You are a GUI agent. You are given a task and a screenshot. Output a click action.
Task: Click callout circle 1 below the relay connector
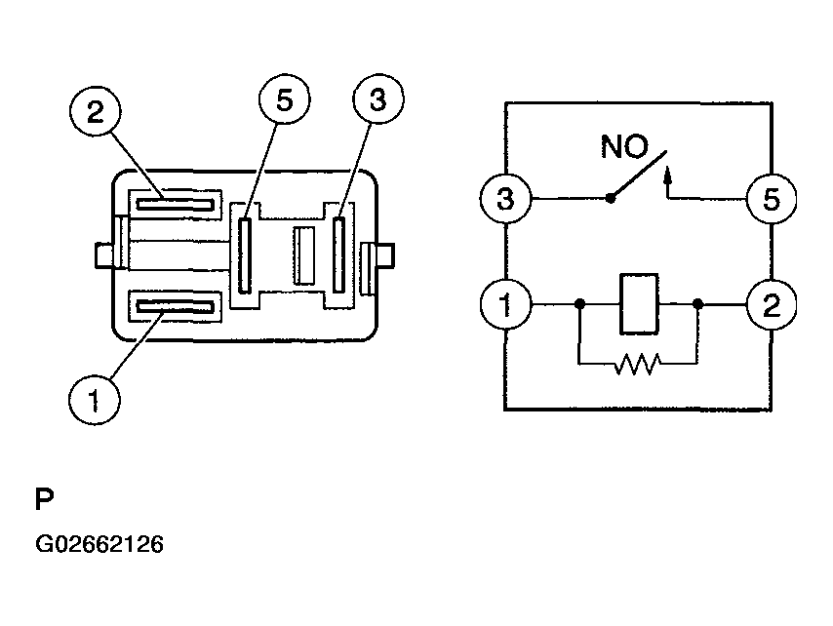pos(95,400)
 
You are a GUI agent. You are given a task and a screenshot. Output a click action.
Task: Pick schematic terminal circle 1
pos(504,305)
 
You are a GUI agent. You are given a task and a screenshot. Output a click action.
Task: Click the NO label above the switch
pos(623,148)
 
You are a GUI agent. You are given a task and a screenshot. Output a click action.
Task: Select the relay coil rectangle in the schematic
pos(638,305)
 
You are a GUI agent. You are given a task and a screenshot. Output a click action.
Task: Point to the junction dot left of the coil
pos(578,305)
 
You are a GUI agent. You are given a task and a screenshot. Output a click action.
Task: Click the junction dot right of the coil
pos(698,305)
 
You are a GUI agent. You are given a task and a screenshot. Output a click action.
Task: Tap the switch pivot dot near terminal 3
pos(610,199)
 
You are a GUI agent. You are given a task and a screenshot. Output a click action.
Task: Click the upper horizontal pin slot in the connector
pos(175,203)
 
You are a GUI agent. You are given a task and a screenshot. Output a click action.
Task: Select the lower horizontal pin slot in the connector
pos(175,308)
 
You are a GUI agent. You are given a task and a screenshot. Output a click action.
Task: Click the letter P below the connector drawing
pos(44,501)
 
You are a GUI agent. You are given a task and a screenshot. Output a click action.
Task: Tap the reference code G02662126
pos(99,544)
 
